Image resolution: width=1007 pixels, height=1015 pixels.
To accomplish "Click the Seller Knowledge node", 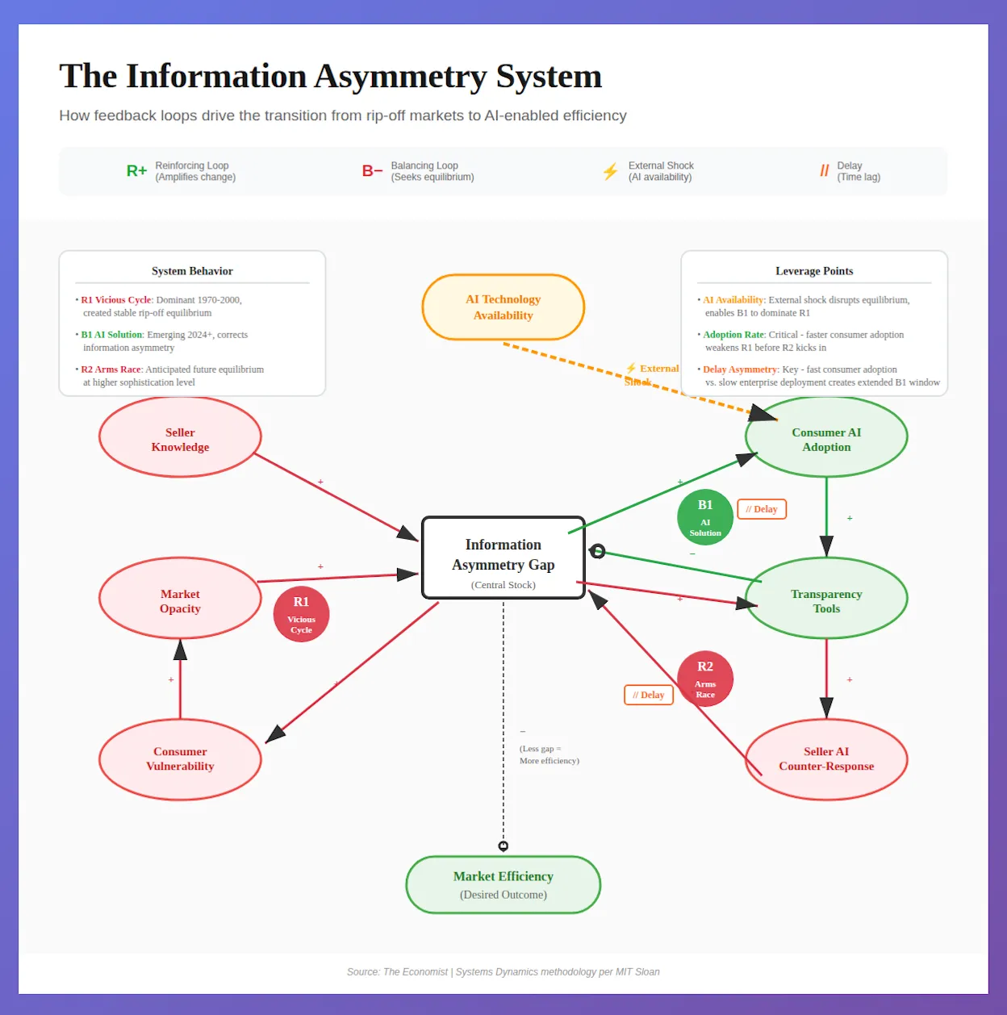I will click(180, 437).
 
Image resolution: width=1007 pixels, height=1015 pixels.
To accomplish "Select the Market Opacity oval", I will click(180, 599).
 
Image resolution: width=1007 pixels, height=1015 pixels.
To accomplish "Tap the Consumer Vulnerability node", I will click(180, 759).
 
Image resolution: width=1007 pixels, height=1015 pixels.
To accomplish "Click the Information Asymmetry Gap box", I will click(503, 558).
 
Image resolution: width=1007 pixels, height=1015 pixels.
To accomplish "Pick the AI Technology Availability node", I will click(503, 307).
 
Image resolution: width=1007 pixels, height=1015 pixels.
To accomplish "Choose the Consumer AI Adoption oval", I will click(826, 437).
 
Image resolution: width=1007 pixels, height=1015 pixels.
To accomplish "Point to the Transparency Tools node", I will click(826, 599).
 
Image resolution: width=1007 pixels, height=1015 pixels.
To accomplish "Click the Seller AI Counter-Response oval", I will click(826, 759).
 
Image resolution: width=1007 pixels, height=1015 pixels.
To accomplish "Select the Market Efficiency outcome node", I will click(503, 885).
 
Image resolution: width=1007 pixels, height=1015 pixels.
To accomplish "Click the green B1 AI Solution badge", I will click(705, 517).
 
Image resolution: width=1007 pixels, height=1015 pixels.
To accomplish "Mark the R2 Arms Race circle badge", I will click(705, 679).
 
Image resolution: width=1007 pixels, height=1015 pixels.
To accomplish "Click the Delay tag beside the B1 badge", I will click(762, 509).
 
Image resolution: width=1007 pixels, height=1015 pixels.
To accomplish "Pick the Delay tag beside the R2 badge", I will click(649, 695).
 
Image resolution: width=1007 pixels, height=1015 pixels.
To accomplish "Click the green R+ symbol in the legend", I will click(136, 171).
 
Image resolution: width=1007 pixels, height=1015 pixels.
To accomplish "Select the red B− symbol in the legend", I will click(372, 171).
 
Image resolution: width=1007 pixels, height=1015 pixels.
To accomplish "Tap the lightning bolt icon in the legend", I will click(610, 171).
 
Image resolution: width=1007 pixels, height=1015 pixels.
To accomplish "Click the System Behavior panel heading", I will click(192, 271).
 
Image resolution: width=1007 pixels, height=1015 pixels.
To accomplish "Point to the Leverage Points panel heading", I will click(814, 271).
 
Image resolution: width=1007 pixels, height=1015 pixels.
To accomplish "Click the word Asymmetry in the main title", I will click(400, 77).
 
